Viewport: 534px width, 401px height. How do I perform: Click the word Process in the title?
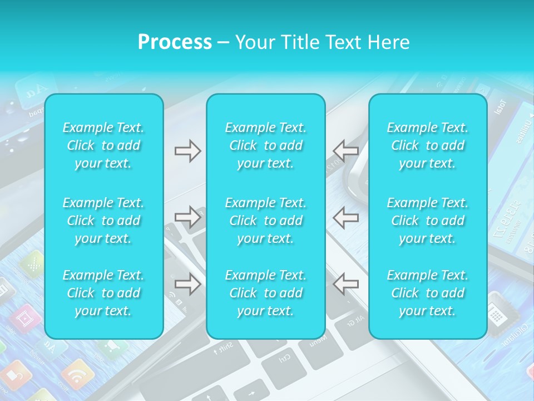pyautogui.click(x=175, y=42)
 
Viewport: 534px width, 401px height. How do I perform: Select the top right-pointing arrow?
pyautogui.click(x=187, y=151)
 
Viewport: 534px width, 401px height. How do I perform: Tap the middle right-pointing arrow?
pyautogui.click(x=187, y=217)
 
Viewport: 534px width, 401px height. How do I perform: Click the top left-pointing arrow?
pyautogui.click(x=345, y=151)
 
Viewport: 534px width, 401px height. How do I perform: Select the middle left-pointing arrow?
pyautogui.click(x=345, y=217)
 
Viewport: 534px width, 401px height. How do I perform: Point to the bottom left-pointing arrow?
pyautogui.click(x=345, y=283)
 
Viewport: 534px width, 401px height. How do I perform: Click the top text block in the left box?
pyautogui.click(x=103, y=145)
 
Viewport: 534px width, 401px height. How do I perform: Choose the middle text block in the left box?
pyautogui.click(x=103, y=221)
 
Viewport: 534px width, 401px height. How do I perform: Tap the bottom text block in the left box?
pyautogui.click(x=103, y=293)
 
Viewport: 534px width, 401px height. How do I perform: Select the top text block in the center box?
pyautogui.click(x=266, y=145)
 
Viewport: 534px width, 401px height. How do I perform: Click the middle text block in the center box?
pyautogui.click(x=266, y=221)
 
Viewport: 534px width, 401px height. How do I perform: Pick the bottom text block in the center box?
pyautogui.click(x=266, y=293)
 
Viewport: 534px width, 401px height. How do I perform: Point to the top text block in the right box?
pyautogui.click(x=428, y=145)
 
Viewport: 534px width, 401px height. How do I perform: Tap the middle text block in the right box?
pyautogui.click(x=428, y=221)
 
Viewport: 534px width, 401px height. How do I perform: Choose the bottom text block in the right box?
pyautogui.click(x=428, y=293)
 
